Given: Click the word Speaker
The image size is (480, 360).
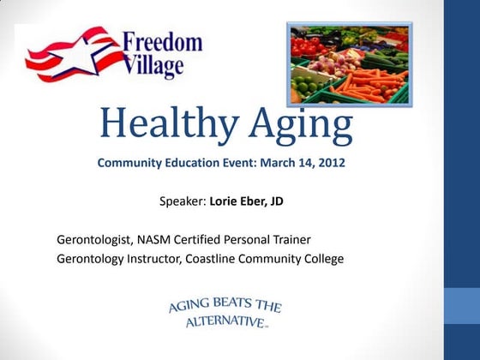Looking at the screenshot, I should pyautogui.click(x=183, y=203).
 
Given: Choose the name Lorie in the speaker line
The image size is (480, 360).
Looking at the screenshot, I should pyautogui.click(x=226, y=203).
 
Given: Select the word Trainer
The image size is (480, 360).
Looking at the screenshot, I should pyautogui.click(x=288, y=238).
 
